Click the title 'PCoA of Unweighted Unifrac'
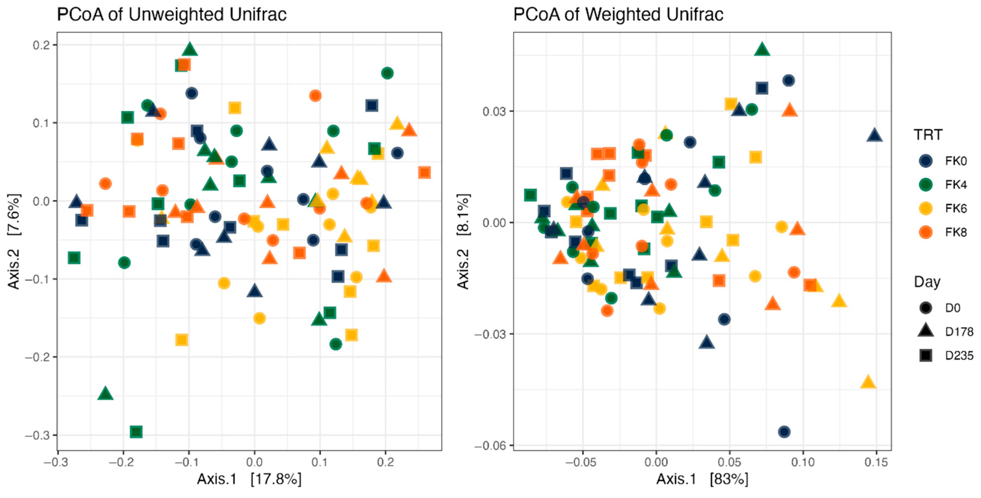pos(171,15)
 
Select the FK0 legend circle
pos(925,161)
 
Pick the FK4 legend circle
pos(925,185)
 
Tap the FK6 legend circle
pos(925,208)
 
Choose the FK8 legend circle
pos(925,232)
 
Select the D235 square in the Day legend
pos(925,355)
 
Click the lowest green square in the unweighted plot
pos(136,432)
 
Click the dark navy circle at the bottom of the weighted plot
pos(784,432)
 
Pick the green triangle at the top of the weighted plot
pos(762,49)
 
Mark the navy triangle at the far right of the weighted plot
pos(874,135)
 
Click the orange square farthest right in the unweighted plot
pos(424,173)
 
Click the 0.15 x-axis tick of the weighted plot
pos(876,463)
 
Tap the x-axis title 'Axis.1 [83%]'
pos(702,479)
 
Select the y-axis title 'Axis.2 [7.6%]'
pos(14,242)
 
